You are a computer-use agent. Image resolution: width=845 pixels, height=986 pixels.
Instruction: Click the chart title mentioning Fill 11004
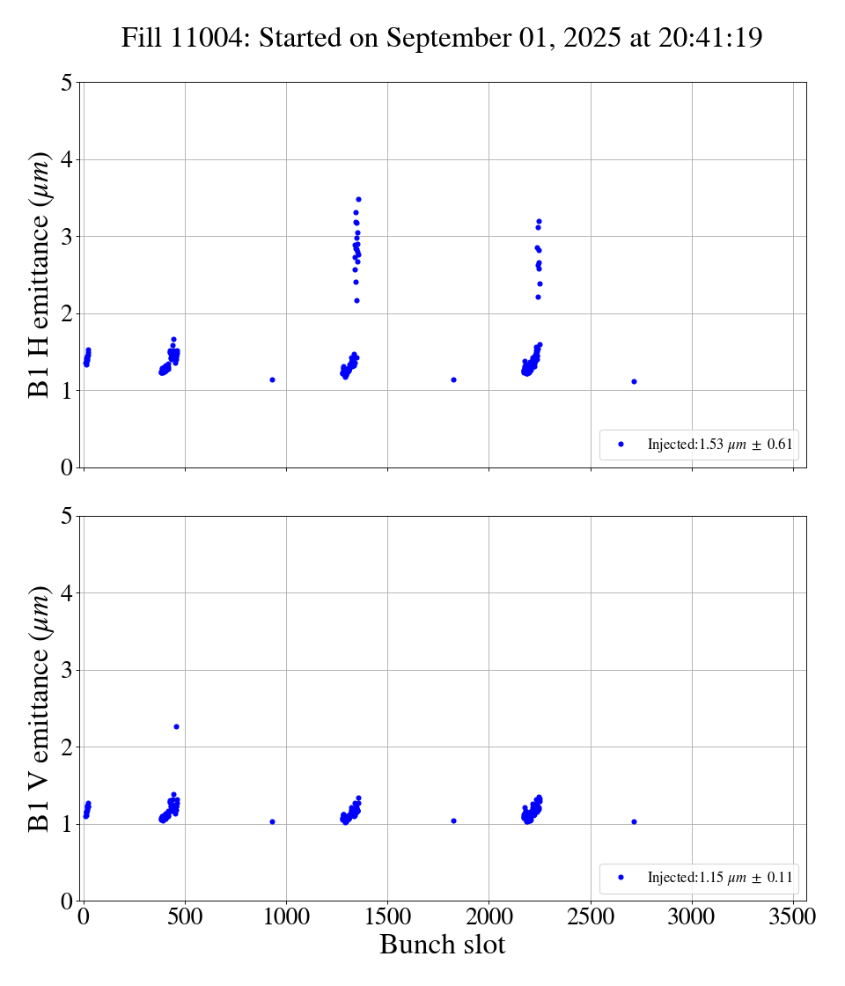point(441,39)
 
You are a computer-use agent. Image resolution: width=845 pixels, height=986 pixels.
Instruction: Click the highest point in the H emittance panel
point(358,199)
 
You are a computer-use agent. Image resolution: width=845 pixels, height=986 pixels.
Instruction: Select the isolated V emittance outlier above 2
point(176,726)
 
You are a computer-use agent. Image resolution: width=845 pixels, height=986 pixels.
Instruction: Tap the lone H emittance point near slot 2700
point(634,381)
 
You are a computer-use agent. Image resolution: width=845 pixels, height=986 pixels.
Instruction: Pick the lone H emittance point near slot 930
point(273,379)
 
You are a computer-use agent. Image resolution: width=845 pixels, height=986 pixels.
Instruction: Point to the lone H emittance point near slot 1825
point(453,379)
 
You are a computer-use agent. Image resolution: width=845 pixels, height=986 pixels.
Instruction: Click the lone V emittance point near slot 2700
point(634,821)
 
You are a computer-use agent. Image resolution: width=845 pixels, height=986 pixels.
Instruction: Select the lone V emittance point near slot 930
point(273,821)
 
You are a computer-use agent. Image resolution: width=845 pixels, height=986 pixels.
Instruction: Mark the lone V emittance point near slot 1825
point(453,820)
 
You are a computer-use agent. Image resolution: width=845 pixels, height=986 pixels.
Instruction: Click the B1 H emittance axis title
point(40,275)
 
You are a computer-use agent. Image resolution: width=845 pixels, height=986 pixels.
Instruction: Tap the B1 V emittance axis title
point(40,708)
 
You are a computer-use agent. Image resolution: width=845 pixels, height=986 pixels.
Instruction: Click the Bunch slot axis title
point(442,946)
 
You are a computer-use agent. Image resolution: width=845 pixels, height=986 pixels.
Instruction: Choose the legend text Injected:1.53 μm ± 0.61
point(719,445)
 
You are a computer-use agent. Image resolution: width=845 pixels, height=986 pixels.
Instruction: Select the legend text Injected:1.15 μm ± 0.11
point(719,877)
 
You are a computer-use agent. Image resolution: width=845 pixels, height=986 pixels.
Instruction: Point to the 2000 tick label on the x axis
point(489,917)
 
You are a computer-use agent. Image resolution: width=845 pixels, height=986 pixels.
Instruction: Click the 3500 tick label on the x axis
point(793,917)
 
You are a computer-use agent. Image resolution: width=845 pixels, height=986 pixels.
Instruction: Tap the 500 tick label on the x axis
point(185,917)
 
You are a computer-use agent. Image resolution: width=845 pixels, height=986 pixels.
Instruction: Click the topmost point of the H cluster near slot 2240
point(539,221)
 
